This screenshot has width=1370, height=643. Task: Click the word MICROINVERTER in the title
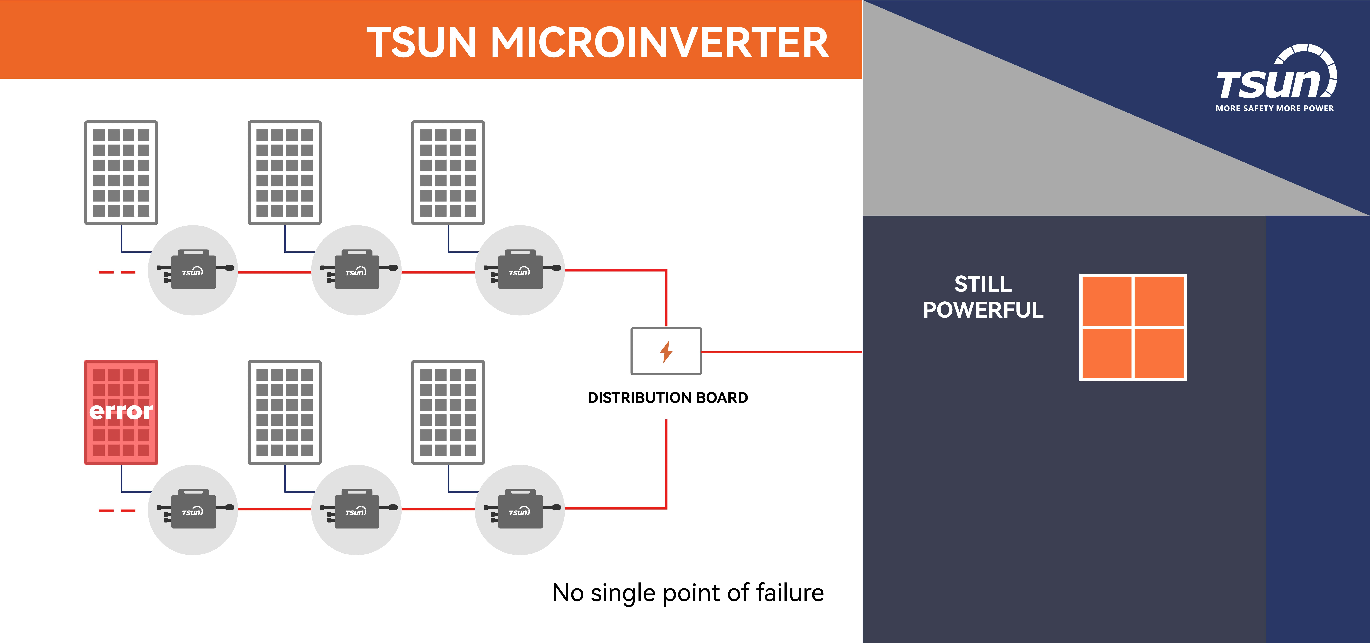[659, 43]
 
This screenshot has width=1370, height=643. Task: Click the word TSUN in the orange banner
[421, 43]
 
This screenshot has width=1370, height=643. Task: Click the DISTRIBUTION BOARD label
[667, 398]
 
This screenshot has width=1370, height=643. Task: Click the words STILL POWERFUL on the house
[983, 297]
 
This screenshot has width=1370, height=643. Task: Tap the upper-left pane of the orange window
[1107, 301]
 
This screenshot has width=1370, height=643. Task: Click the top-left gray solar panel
[121, 172]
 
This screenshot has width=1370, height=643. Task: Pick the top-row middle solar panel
[284, 172]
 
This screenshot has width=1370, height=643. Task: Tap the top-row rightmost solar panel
[448, 172]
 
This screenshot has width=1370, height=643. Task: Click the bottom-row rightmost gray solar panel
[448, 412]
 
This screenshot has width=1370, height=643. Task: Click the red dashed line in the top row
[117, 272]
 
